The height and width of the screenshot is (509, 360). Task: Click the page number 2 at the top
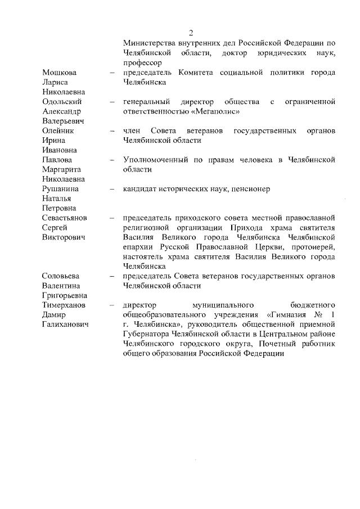[191, 32]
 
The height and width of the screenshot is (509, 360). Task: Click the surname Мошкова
[60, 73]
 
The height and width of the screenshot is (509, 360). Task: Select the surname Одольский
[62, 102]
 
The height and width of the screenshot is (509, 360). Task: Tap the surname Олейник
[58, 131]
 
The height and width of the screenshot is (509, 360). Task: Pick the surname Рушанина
[61, 189]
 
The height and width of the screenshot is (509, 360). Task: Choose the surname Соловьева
[61, 276]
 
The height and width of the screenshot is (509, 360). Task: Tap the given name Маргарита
[62, 170]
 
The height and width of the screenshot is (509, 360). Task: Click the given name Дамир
[55, 315]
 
